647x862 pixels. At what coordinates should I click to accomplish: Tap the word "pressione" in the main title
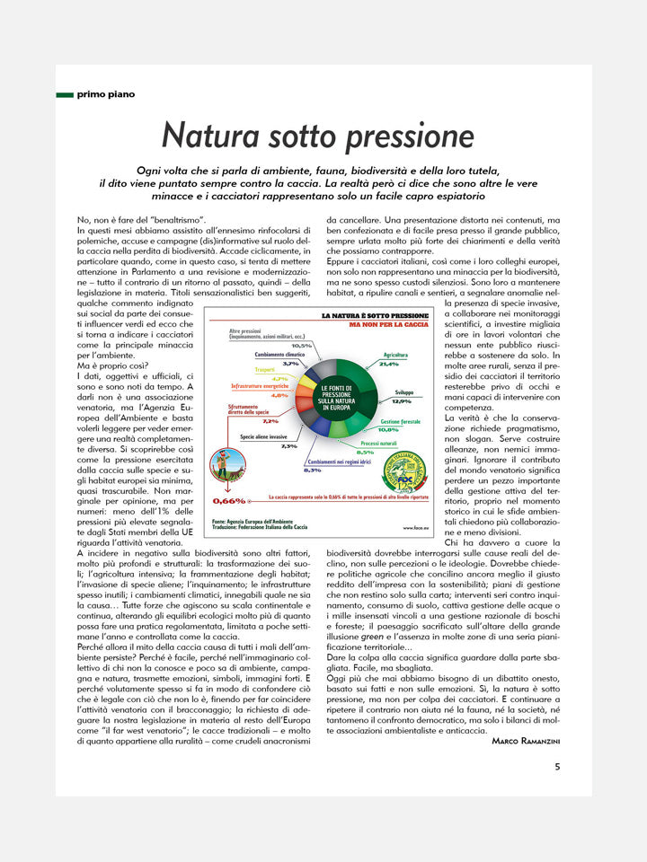(411, 137)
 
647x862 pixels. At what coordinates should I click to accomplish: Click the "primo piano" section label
(106, 93)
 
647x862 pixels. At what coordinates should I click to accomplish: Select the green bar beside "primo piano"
(64, 93)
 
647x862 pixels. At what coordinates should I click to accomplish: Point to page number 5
(557, 767)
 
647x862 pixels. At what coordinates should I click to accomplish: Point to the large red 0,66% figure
(229, 500)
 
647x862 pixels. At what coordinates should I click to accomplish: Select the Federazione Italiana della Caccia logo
(405, 474)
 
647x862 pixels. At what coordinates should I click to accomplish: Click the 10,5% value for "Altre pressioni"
(301, 346)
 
